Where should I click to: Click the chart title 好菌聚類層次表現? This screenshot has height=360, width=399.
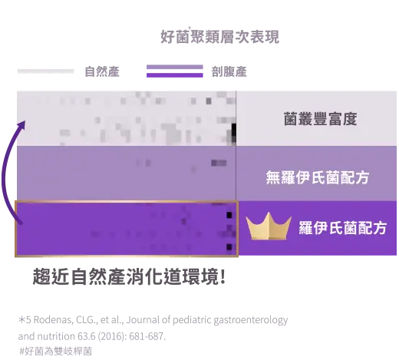[x=219, y=37]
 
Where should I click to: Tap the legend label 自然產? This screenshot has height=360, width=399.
[x=102, y=71]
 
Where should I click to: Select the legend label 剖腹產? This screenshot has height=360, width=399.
[x=229, y=71]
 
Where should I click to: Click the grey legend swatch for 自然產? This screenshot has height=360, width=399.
[x=45, y=71]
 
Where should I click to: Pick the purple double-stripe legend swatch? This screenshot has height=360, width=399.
[x=175, y=71]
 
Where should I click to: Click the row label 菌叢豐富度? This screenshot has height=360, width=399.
[x=320, y=119]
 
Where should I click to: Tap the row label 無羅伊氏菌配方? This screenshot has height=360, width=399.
[x=318, y=177]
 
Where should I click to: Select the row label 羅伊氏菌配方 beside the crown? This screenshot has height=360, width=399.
[x=342, y=228]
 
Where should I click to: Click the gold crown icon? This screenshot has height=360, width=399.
[x=269, y=226]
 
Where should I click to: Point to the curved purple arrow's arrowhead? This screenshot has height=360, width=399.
[x=22, y=125]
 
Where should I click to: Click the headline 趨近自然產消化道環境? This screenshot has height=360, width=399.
[x=129, y=276]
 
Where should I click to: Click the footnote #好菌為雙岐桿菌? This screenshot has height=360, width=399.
[x=56, y=351]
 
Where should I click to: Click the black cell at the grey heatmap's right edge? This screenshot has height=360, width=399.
[x=233, y=129]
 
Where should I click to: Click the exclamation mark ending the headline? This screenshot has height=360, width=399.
[x=223, y=276]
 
